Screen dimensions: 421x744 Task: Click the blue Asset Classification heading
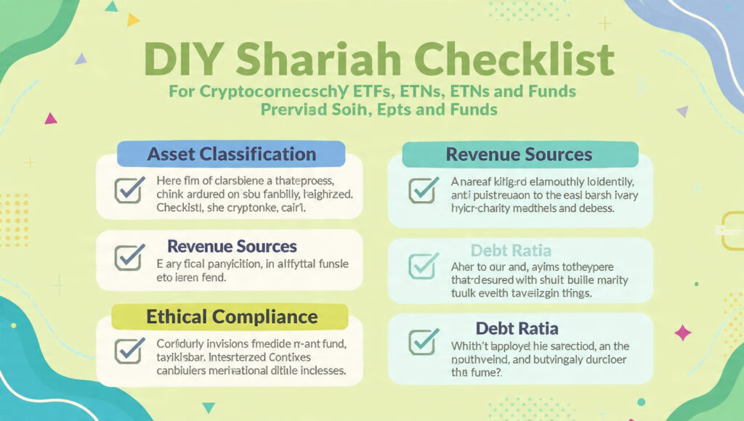click(232, 154)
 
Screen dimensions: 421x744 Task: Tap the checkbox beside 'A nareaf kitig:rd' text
click(423, 189)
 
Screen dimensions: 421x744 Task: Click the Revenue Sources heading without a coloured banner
click(232, 247)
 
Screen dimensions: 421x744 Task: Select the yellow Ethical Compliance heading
click(232, 316)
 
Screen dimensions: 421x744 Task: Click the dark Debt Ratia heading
click(517, 328)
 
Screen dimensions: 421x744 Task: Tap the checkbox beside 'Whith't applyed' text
click(423, 341)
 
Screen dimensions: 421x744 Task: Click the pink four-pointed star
click(683, 332)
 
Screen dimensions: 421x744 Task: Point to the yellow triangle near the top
click(133, 20)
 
